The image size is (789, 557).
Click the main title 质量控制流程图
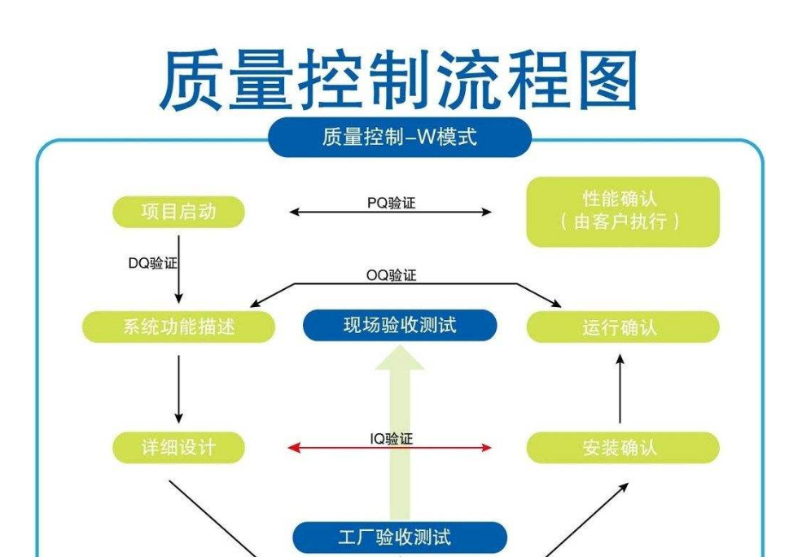(398, 81)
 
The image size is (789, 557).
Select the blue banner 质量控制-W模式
(399, 137)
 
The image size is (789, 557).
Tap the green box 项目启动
(178, 212)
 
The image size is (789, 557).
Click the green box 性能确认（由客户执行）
(622, 211)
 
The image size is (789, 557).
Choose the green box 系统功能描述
(178, 327)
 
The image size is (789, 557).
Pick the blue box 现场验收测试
(399, 326)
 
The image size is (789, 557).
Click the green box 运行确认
(622, 327)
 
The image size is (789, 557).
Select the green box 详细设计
(178, 447)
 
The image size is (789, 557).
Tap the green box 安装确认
(622, 447)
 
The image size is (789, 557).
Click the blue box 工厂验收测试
(399, 537)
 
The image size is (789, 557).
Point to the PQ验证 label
(391, 203)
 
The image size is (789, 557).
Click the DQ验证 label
(152, 263)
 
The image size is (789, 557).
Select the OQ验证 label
(391, 275)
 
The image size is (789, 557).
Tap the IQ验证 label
(391, 439)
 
